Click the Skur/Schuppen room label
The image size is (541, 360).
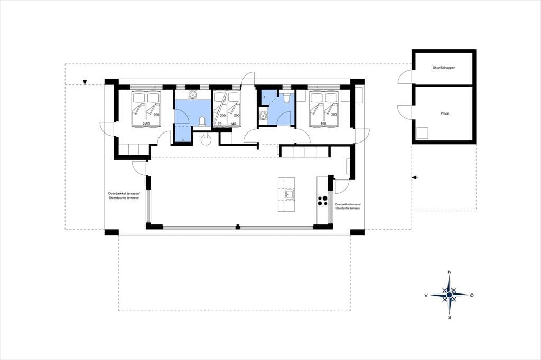pyautogui.click(x=444, y=68)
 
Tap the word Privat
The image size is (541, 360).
pyautogui.click(x=445, y=113)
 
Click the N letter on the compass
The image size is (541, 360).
pyautogui.click(x=449, y=272)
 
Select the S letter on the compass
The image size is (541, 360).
pyautogui.click(x=449, y=318)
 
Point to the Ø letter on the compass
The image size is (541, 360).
pyautogui.click(x=472, y=295)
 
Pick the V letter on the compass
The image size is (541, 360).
pyautogui.click(x=426, y=295)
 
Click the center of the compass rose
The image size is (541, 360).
pyautogui.click(x=449, y=295)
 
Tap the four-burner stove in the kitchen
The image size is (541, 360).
pyautogui.click(x=322, y=201)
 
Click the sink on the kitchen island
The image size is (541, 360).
pyautogui.click(x=290, y=194)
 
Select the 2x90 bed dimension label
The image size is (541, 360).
pyautogui.click(x=146, y=124)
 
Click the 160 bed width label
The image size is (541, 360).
pyautogui.click(x=323, y=124)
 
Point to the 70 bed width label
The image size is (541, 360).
pyautogui.click(x=219, y=124)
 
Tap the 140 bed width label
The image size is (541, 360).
pyautogui.click(x=232, y=124)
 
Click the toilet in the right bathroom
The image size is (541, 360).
pyautogui.click(x=286, y=98)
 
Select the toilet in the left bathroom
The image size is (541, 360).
pyautogui.click(x=202, y=121)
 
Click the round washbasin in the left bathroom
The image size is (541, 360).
pyautogui.click(x=192, y=94)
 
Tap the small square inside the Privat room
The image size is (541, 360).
pyautogui.click(x=423, y=133)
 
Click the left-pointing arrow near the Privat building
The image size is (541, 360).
pyautogui.click(x=415, y=177)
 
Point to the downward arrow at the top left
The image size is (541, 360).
pyautogui.click(x=85, y=82)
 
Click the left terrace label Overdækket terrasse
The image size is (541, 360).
pyautogui.click(x=124, y=194)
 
